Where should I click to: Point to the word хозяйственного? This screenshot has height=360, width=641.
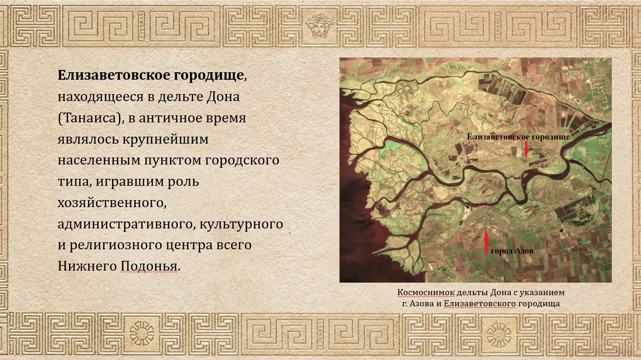(111, 203)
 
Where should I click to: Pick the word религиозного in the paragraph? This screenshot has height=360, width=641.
(119, 245)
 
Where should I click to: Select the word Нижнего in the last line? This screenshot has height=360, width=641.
(87, 266)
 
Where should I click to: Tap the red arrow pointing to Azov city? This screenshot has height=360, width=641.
(486, 242)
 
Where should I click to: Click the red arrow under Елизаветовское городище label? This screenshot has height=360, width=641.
(527, 149)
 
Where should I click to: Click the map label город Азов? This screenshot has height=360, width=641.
(512, 251)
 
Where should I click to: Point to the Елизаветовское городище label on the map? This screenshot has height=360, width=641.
(518, 137)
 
